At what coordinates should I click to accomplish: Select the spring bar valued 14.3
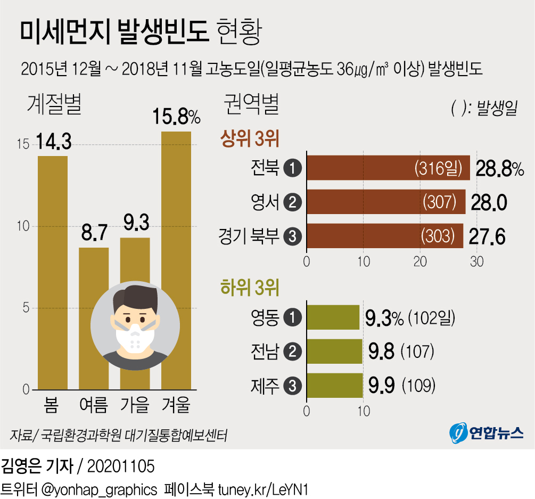click(52, 272)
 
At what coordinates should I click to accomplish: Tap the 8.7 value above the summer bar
click(94, 232)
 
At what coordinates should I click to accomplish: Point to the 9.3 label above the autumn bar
click(135, 223)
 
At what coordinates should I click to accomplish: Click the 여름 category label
click(93, 406)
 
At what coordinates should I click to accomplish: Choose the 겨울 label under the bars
click(176, 406)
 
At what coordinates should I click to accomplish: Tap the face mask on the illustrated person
click(135, 336)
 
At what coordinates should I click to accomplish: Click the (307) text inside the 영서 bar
click(440, 202)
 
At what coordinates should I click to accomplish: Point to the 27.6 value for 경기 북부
click(487, 236)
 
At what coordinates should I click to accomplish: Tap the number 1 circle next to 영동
click(293, 318)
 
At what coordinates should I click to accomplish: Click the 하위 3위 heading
click(250, 288)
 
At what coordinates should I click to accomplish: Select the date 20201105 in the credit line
click(120, 467)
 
